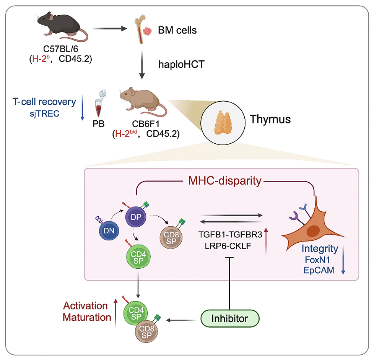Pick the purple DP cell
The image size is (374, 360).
coord(136,217)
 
